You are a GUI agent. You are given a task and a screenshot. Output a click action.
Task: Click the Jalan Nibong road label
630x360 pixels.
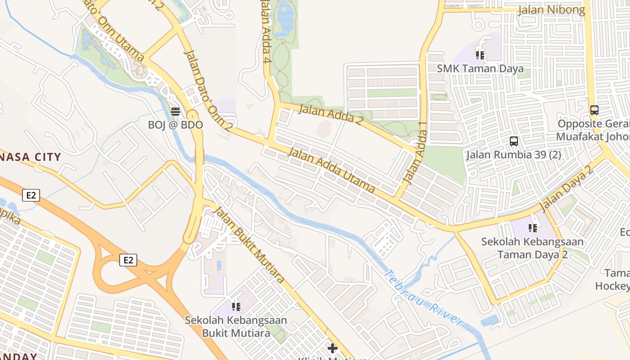pyautogui.click(x=551, y=9)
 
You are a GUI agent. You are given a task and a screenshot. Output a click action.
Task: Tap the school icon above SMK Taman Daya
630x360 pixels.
pyautogui.click(x=480, y=55)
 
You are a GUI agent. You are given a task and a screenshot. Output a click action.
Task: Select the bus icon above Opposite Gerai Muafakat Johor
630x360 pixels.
pyautogui.click(x=594, y=110)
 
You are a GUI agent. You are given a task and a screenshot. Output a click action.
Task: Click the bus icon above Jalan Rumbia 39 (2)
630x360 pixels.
pyautogui.click(x=514, y=141)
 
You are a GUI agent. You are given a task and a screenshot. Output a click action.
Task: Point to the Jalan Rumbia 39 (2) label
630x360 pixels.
pyautogui.click(x=513, y=155)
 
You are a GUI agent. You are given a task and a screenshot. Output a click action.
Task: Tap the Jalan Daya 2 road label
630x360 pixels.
pyautogui.click(x=564, y=189)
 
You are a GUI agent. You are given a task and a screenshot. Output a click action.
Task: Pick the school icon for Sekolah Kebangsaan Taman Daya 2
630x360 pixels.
pyautogui.click(x=533, y=228)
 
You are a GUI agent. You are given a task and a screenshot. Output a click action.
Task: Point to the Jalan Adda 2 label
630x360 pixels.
pyautogui.click(x=331, y=114)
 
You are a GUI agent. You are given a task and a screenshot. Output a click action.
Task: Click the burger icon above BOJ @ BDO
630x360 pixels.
pyautogui.click(x=175, y=112)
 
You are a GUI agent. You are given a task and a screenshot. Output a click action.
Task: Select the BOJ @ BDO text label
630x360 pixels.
pyautogui.click(x=175, y=125)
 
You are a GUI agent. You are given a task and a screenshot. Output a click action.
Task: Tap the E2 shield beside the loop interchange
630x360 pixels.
pyautogui.click(x=128, y=260)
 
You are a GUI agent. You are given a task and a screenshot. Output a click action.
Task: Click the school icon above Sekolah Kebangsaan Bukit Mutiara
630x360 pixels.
pyautogui.click(x=236, y=307)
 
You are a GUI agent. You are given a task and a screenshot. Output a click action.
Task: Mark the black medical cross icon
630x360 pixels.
pyautogui.click(x=333, y=348)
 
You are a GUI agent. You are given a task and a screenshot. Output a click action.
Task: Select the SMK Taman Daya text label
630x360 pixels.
pyautogui.click(x=480, y=69)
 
